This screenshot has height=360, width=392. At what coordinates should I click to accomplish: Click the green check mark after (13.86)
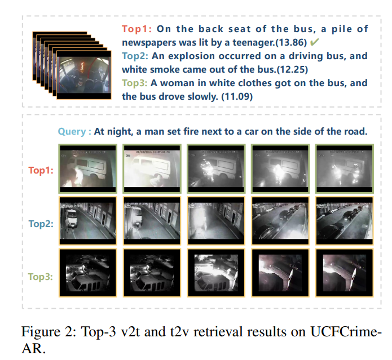314,42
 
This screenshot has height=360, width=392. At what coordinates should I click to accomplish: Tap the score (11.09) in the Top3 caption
237,96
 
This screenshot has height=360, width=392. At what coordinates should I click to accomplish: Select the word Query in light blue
72,132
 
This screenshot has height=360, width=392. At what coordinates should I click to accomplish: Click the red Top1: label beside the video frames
41,170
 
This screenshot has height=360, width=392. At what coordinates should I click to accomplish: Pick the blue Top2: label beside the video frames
41,224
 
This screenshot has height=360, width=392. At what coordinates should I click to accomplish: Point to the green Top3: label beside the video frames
41,277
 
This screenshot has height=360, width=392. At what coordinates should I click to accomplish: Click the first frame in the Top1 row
88,169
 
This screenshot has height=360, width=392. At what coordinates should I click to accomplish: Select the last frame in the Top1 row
345,169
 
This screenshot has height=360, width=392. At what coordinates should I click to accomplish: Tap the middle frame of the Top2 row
216,221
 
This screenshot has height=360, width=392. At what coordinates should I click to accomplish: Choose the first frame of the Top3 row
88,273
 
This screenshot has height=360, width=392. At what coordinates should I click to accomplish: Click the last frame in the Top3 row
345,273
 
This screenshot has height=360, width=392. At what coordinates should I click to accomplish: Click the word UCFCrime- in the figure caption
346,332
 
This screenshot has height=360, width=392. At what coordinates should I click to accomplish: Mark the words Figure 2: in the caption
49,332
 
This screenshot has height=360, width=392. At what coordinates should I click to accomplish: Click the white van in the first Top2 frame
71,217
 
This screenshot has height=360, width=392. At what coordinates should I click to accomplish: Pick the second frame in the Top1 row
152,169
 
